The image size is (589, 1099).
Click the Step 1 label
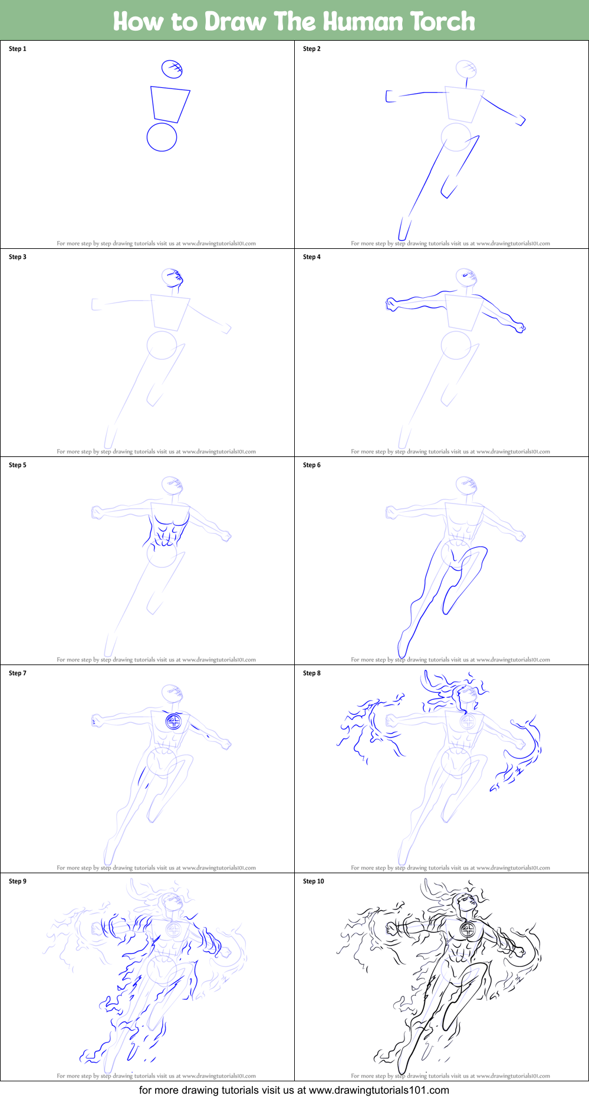(18, 49)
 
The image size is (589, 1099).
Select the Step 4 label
(312, 257)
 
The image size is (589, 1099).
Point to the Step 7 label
(18, 673)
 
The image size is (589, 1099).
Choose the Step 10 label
(314, 881)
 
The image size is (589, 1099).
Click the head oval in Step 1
(172, 68)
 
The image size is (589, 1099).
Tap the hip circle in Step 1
(162, 137)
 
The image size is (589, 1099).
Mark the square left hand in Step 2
(390, 96)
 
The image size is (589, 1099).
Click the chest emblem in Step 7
(173, 721)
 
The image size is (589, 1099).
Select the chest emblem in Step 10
(468, 930)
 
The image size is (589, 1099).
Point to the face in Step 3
(173, 277)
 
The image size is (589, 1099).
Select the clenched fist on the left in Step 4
(391, 305)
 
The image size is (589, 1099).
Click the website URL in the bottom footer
(379, 1090)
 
